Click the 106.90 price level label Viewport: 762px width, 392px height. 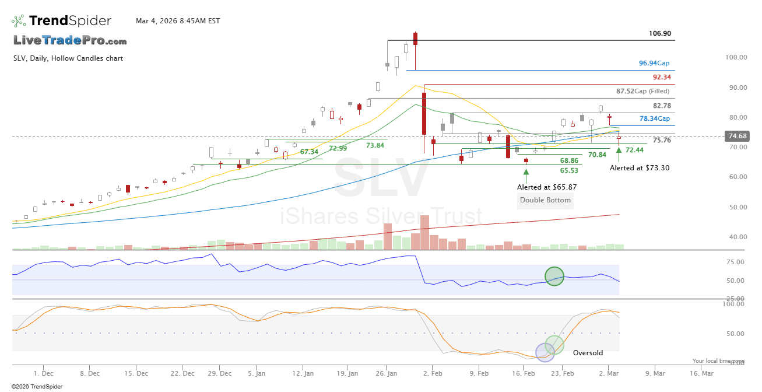(x=660, y=34)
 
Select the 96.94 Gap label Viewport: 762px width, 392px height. (x=654, y=63)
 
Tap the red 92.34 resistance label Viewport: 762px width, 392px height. (x=662, y=77)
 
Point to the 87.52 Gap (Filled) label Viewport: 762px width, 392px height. (x=643, y=92)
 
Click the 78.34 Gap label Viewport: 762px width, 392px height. (x=654, y=118)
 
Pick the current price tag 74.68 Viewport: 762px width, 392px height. (x=735, y=136)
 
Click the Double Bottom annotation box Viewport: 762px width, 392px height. (x=546, y=200)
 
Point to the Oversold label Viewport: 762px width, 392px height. (x=588, y=353)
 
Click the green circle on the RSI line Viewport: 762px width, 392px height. (x=554, y=276)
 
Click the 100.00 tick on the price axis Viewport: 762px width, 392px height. (x=736, y=57)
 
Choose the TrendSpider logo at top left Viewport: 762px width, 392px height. (x=62, y=21)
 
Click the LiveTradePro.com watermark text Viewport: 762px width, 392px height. (x=70, y=41)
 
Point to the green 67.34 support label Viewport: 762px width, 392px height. (x=309, y=152)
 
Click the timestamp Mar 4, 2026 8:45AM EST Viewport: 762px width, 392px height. (x=178, y=21)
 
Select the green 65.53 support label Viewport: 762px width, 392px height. (x=569, y=171)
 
